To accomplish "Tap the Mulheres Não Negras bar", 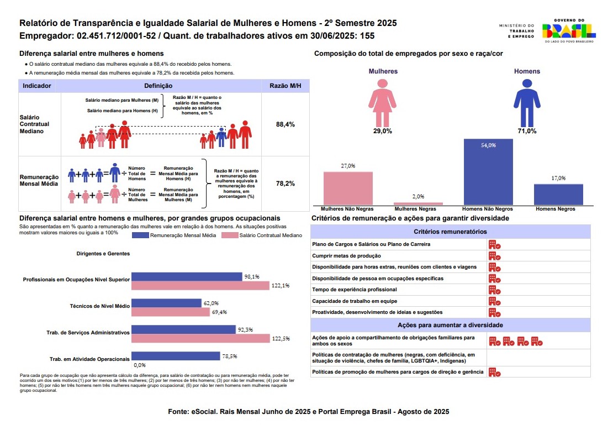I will (348, 188).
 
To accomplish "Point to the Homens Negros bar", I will (558, 195).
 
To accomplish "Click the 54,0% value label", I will (488, 145).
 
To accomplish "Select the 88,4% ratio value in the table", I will (285, 124).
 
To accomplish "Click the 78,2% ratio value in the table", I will (285, 183).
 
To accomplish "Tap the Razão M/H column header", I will (285, 86).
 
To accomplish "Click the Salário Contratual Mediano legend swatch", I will (228, 235).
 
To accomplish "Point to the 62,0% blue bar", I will (166, 303).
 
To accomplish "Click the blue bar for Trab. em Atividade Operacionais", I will (176, 356).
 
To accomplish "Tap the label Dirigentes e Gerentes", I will (103, 254).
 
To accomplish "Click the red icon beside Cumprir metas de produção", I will (494, 256).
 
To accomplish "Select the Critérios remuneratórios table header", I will (450, 232).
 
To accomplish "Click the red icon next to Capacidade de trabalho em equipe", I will (494, 301).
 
